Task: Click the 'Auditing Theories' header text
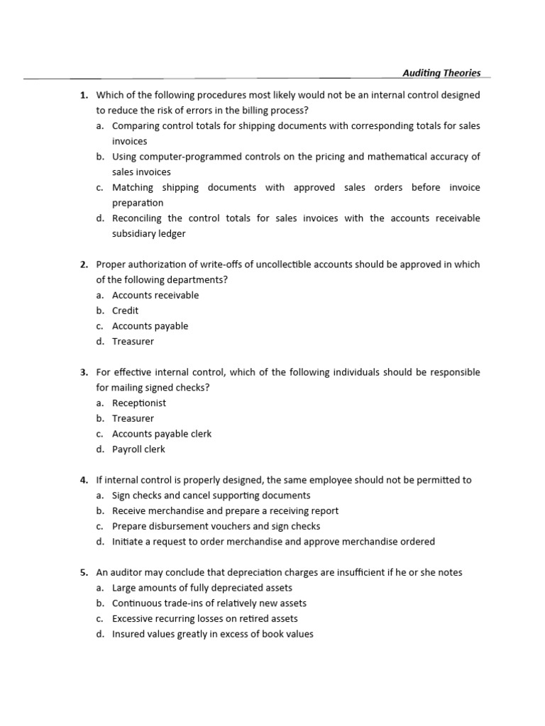tap(441, 73)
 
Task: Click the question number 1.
tap(83, 95)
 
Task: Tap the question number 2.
tap(83, 264)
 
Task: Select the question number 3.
tap(83, 372)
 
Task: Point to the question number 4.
tap(83, 480)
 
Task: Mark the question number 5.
tap(83, 572)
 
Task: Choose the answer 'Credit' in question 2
tap(126, 311)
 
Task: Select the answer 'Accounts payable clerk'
tap(162, 434)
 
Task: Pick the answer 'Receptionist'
tap(139, 403)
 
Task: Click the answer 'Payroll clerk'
tap(138, 449)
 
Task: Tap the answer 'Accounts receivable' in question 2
tap(155, 295)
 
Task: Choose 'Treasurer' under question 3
tap(133, 418)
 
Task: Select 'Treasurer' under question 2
tap(133, 342)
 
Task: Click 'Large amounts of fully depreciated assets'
tap(202, 588)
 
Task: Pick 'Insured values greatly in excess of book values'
tap(213, 635)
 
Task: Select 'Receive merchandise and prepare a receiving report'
tap(226, 510)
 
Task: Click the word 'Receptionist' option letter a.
tap(100, 403)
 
